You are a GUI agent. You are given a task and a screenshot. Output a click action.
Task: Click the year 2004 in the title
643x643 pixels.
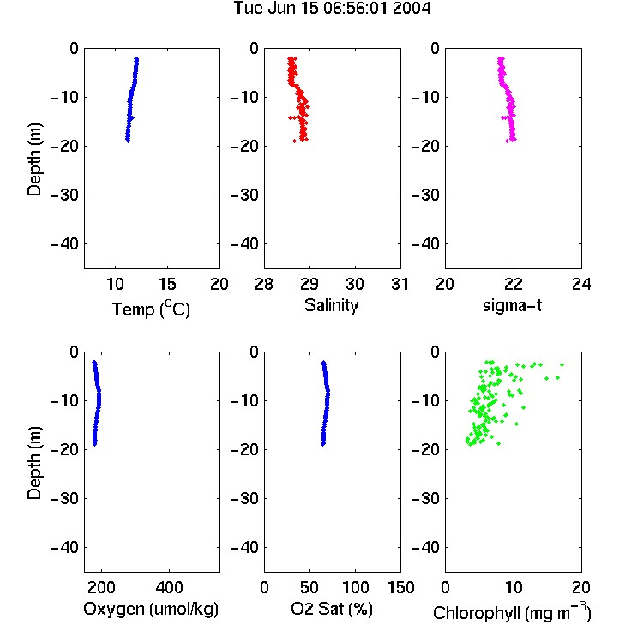412,9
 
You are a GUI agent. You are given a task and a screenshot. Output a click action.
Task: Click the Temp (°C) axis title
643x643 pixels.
151,309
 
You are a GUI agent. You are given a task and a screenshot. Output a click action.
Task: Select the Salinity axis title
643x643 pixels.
331,306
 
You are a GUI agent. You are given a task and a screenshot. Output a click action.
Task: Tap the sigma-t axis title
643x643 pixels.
512,305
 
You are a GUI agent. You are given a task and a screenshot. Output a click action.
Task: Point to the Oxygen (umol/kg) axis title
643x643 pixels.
151,610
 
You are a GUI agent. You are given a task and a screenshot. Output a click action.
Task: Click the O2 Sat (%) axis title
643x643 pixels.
332,609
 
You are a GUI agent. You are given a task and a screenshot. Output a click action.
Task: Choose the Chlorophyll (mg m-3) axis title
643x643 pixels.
512,613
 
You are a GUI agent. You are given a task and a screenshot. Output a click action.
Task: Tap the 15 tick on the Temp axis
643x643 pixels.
167,284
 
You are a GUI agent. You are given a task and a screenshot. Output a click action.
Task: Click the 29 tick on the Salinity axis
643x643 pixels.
309,284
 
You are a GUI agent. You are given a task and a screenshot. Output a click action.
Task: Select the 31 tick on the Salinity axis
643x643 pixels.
400,284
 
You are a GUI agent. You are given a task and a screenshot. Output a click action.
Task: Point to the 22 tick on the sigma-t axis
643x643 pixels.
513,284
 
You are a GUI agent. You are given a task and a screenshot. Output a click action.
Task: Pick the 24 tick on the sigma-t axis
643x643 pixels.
581,284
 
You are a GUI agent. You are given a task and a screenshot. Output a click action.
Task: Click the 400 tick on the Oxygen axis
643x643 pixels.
170,587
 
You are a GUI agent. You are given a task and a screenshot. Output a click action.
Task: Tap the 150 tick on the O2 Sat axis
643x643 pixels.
400,587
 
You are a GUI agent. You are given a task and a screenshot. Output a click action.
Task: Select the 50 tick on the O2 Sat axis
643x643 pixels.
309,587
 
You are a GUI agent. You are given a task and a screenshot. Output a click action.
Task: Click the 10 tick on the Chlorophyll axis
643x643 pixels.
513,587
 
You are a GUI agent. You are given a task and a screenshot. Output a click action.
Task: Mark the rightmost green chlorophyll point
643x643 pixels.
562,364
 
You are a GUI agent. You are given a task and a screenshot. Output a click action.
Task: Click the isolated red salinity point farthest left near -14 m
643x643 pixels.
291,117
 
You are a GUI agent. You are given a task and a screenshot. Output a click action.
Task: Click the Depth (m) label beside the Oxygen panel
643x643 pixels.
34,463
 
